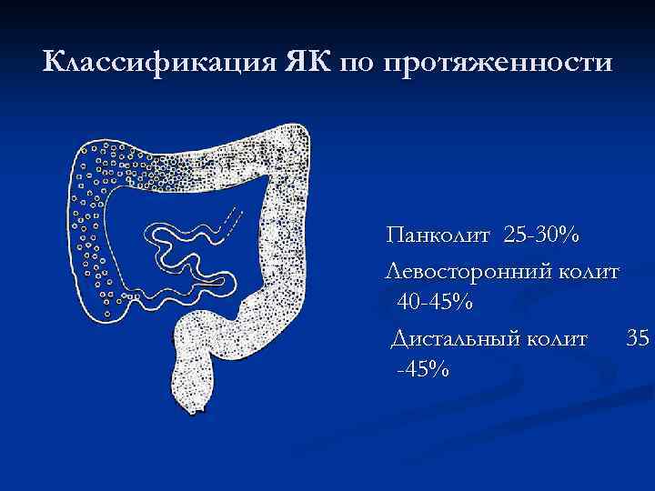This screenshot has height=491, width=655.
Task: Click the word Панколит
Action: pos(438,237)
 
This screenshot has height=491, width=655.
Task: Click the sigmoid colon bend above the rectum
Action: pos(218,327)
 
